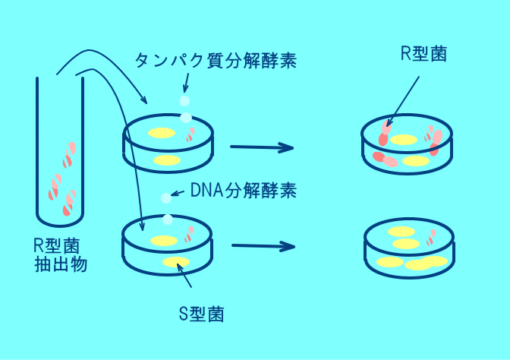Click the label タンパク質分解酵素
(x=216, y=60)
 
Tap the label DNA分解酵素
(x=244, y=191)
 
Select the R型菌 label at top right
(x=423, y=54)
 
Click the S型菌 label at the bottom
(x=202, y=314)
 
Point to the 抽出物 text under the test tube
(x=61, y=264)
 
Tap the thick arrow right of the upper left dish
(x=262, y=147)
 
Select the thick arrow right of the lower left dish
(x=263, y=246)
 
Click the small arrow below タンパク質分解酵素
(x=186, y=83)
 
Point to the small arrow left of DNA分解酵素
(x=178, y=194)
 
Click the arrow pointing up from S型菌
(x=184, y=276)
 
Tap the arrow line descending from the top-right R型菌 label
(x=403, y=101)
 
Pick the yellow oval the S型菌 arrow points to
(x=176, y=262)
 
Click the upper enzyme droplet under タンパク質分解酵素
(x=184, y=101)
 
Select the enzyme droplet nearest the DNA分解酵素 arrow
(x=166, y=198)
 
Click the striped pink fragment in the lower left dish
(x=189, y=235)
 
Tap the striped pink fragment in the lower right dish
(x=431, y=237)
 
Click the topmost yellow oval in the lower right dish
(x=401, y=232)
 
